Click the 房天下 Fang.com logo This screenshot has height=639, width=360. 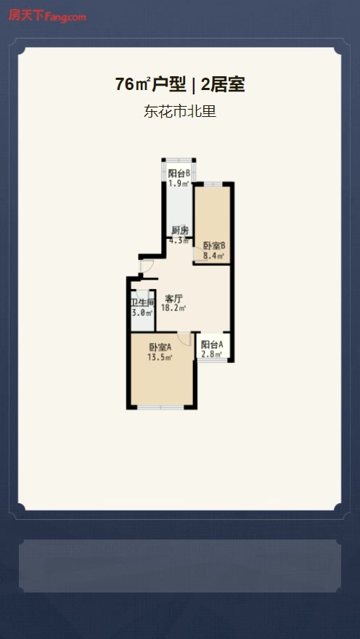coord(47,16)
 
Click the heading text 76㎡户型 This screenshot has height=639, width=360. coord(150,85)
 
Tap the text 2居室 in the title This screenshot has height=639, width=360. coord(223,85)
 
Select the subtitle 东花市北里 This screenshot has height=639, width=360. coord(179,111)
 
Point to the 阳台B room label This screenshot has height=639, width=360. coord(179,174)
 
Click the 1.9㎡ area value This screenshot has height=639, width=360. coord(179,183)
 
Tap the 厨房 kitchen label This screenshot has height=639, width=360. coord(179,231)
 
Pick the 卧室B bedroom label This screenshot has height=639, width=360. coord(214,246)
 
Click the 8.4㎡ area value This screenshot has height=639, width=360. coord(214,256)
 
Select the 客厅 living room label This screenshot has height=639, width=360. coord(173,298)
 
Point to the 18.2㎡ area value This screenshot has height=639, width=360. coord(173,308)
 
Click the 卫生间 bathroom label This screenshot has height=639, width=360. coord(142,304)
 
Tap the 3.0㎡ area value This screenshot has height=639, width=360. coord(142,313)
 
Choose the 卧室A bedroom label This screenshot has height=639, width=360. coord(160,348)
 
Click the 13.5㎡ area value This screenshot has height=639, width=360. coord(160,357)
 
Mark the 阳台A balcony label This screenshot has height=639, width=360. coord(212,345)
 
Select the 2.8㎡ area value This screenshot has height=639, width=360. coord(212,354)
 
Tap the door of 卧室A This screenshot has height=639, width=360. coord(185,339)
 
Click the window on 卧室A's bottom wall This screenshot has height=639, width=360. coord(160,407)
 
